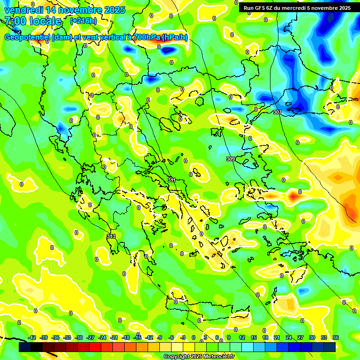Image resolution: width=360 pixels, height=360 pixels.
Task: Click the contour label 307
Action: tap(277, 112)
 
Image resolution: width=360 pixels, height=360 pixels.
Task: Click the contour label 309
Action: tap(231, 159)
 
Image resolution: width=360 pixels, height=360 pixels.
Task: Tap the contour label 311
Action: tap(172, 180)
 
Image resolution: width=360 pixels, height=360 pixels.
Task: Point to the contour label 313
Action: tap(111, 236)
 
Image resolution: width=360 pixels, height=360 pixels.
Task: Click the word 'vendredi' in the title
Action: tap(23, 10)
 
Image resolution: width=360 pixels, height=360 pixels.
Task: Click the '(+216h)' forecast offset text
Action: tap(83, 21)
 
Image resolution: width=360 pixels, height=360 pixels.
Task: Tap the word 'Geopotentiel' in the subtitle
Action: tap(27, 37)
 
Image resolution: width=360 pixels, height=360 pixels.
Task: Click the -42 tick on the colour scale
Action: tap(32, 337)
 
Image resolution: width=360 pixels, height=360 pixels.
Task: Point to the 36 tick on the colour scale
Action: tap(336, 337)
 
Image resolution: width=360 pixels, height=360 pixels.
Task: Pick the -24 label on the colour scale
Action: tap(102, 337)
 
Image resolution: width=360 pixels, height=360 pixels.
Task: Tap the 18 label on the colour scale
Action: tap(265, 337)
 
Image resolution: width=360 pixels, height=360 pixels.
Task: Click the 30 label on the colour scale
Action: tap(312, 337)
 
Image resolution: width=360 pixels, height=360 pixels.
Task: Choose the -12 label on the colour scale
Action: tap(149, 337)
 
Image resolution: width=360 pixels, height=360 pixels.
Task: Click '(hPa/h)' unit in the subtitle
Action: tap(175, 37)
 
